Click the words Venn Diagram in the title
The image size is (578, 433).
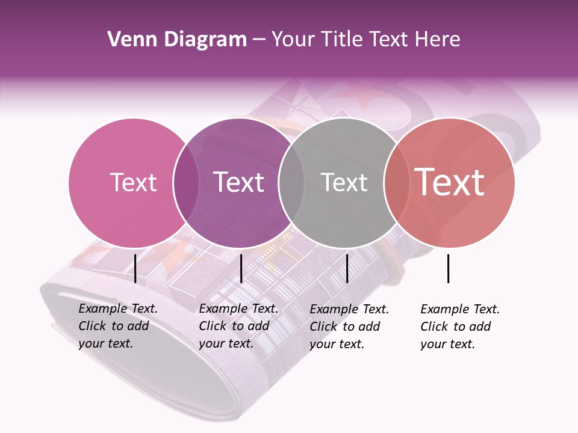177,40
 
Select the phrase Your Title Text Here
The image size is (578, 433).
365,40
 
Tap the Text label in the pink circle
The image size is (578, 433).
133,182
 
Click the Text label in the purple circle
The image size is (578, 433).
239,182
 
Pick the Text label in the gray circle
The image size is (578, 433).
344,182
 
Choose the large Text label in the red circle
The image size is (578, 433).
450,182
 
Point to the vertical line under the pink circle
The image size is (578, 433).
135,268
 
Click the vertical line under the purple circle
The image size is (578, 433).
241,268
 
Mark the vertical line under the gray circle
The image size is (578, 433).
347,268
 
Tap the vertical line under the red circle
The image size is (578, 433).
449,268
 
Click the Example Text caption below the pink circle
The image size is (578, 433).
117,326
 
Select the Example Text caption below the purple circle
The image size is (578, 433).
238,326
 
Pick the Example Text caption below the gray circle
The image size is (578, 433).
349,327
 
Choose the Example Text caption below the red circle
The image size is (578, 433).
459,327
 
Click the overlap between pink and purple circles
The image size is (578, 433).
186,183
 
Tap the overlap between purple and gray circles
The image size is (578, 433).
291,183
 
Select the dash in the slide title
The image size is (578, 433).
259,40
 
